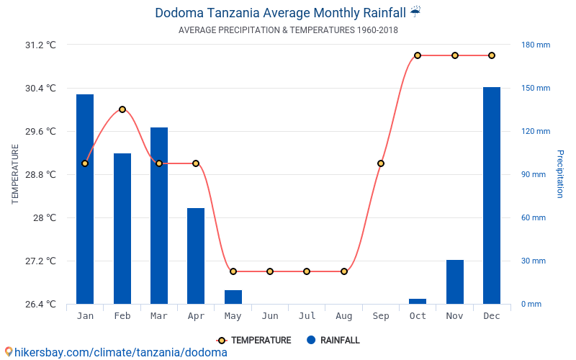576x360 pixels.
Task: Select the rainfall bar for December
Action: click(492, 195)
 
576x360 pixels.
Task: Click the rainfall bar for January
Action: click(85, 199)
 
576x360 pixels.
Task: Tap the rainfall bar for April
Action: click(196, 256)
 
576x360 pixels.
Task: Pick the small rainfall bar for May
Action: click(233, 297)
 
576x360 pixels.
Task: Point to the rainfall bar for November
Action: click(455, 282)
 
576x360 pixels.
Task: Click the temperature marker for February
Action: click(122, 109)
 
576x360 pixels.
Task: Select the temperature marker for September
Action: click(381, 163)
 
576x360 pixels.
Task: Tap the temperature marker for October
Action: click(418, 55)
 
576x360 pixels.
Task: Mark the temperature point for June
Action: click(270, 271)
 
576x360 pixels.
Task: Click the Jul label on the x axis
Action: click(307, 316)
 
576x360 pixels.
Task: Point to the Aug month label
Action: click(344, 316)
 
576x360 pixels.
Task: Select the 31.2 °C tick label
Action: click(40, 45)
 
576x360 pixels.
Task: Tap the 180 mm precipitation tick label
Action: click(536, 45)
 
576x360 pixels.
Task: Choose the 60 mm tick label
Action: click(534, 217)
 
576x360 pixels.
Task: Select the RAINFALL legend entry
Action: click(333, 341)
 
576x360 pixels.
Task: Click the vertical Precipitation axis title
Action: click(559, 174)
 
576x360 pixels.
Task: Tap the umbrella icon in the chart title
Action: click(415, 12)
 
